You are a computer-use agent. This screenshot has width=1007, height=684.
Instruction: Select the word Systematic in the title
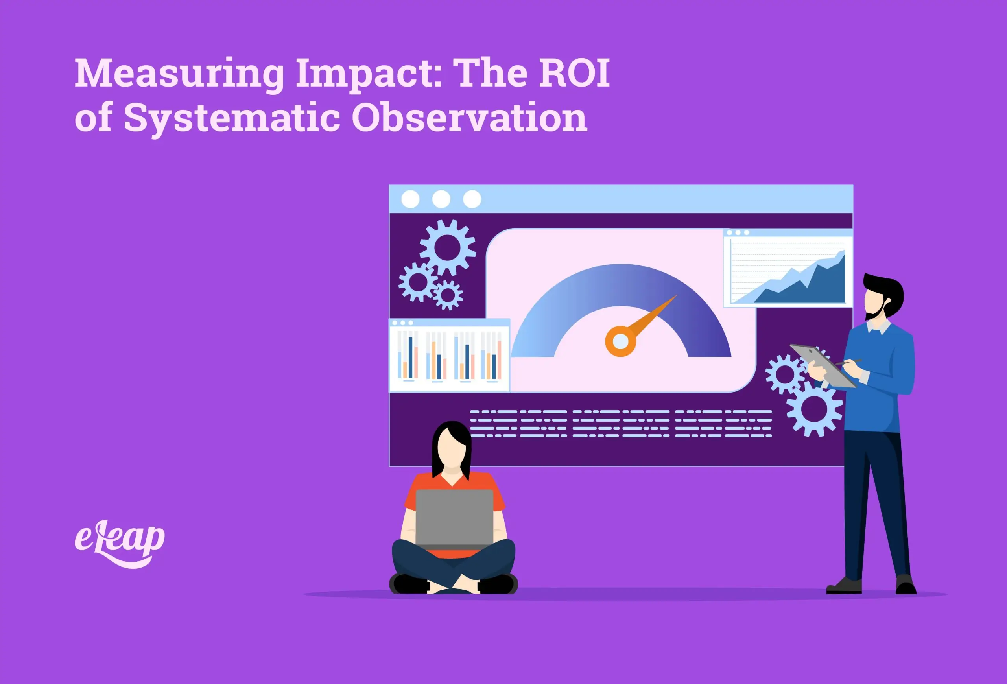[x=232, y=118]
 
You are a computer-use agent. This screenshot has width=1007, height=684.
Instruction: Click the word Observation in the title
[x=469, y=118]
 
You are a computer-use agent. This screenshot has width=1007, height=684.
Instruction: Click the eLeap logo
[x=120, y=544]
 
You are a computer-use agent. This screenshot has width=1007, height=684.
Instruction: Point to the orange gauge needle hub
[x=620, y=341]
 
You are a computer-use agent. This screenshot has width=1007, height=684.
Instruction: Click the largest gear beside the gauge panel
[x=448, y=248]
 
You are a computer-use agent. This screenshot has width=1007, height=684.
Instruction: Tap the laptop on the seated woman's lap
[x=454, y=518]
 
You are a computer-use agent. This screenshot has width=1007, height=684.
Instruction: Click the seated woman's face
[x=452, y=448]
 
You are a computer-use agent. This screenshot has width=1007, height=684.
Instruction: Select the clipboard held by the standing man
[x=823, y=366]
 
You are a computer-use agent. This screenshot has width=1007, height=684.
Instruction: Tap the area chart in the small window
[x=788, y=273]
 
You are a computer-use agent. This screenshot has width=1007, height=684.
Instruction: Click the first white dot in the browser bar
[x=410, y=199]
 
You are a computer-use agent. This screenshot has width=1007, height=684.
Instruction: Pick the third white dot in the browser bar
[x=472, y=199]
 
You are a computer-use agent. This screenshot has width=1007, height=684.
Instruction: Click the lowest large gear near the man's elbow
[x=814, y=409]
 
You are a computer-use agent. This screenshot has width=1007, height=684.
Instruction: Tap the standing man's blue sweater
[x=880, y=381]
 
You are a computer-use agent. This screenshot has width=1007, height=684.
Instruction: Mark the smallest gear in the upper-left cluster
[x=448, y=295]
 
